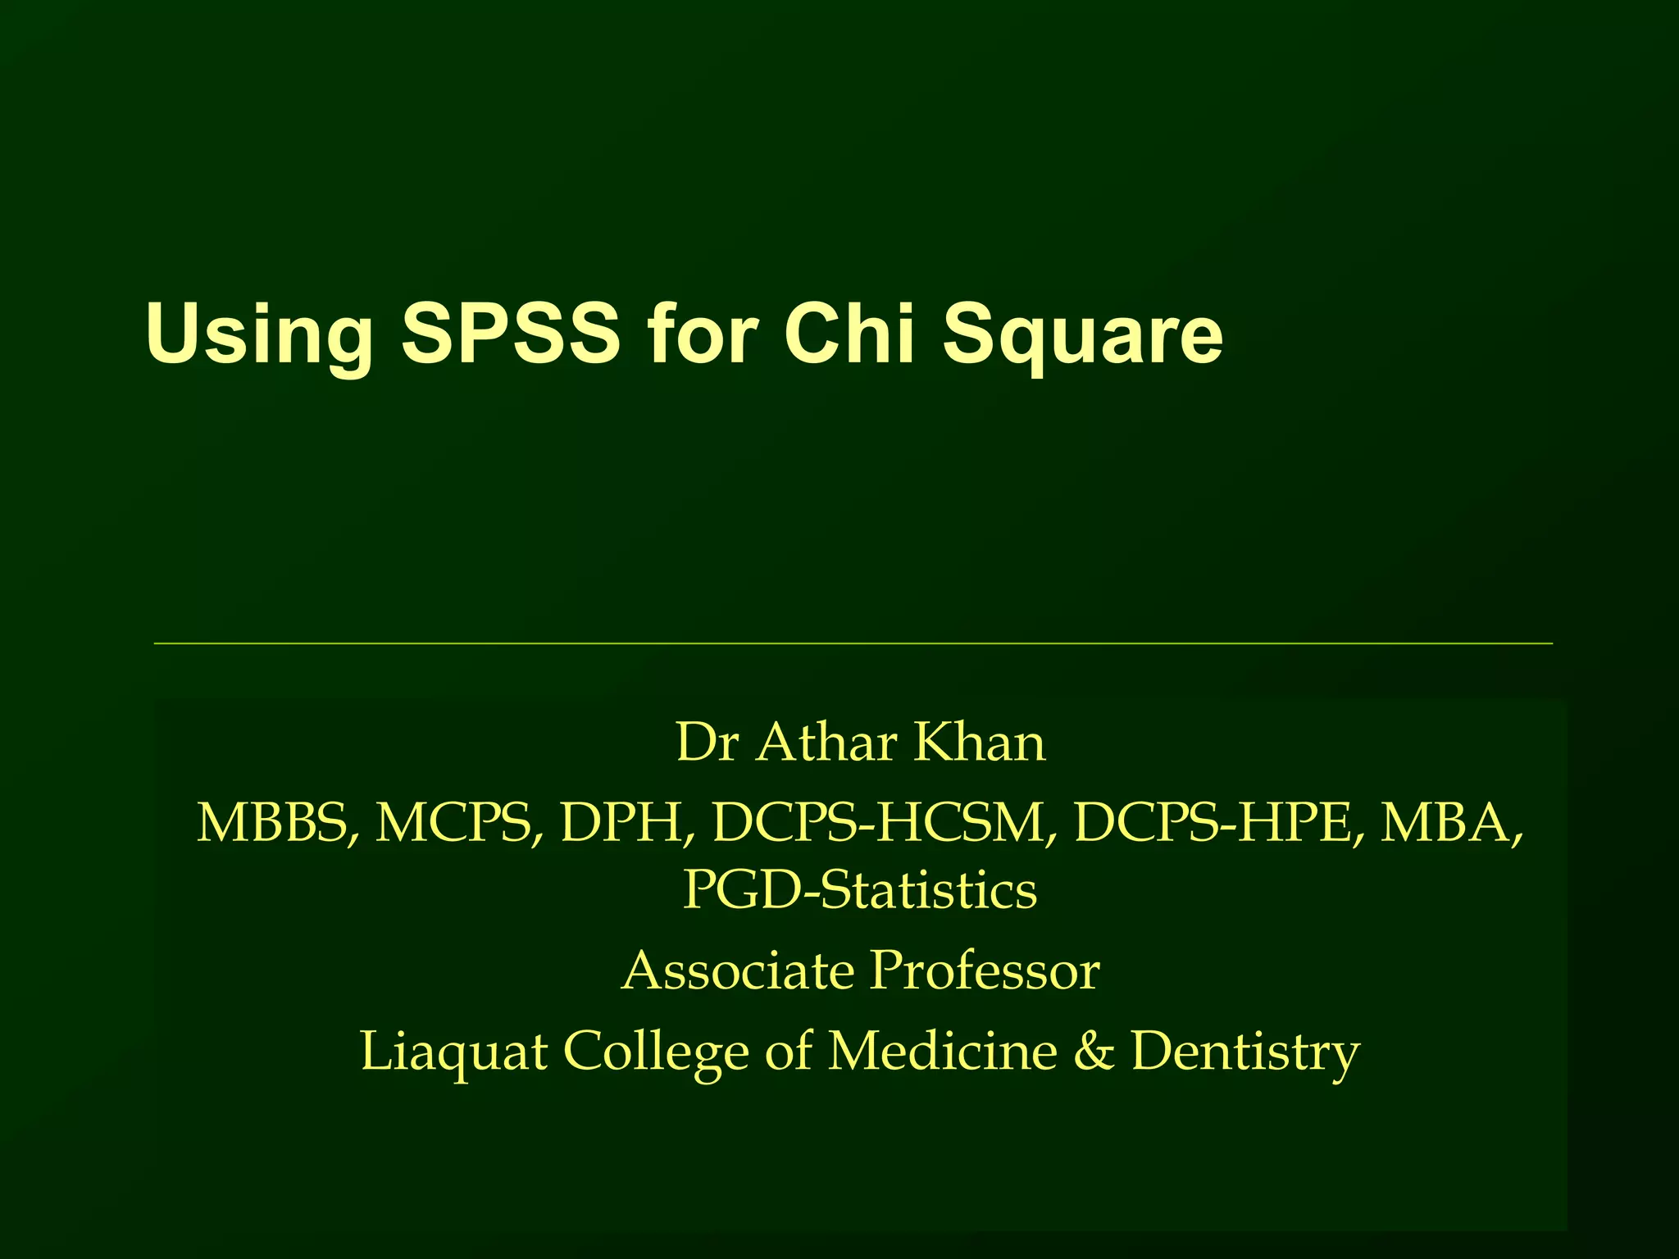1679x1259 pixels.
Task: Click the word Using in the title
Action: point(259,334)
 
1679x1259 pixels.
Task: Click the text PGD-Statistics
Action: point(860,890)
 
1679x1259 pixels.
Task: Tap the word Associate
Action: point(737,970)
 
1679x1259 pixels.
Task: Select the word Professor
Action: point(985,970)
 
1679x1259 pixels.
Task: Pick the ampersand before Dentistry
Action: point(1094,1051)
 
